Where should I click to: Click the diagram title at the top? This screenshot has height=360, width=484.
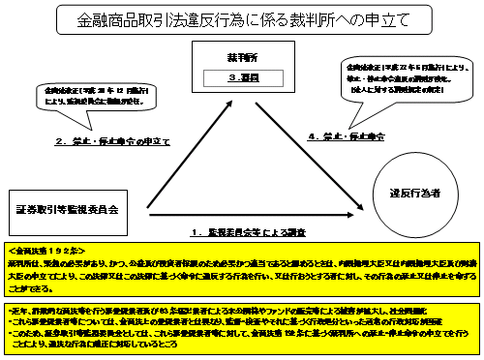point(243,18)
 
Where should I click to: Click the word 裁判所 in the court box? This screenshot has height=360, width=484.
point(242,58)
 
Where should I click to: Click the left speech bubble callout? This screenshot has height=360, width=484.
point(82,97)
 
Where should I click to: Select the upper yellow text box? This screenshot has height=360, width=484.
point(241,272)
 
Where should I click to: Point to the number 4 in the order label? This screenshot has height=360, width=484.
point(312,137)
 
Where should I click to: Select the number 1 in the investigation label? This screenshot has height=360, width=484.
point(195,232)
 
